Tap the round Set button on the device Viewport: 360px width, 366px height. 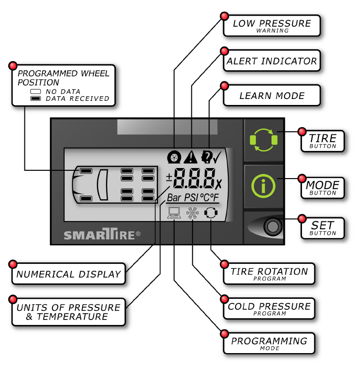tap(273, 227)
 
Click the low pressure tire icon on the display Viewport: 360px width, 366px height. tap(174, 157)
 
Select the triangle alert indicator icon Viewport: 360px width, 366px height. tap(190, 157)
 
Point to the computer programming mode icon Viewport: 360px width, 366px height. tap(174, 213)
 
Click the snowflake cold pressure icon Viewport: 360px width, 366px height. tap(191, 213)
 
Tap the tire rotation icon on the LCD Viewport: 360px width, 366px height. tap(210, 213)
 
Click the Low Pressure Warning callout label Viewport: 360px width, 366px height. tap(271, 26)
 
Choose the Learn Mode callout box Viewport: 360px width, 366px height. tap(271, 96)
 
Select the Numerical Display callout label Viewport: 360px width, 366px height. tap(68, 274)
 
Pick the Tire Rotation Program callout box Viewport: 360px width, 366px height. tap(269, 273)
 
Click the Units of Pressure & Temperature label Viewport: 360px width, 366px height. tap(68, 312)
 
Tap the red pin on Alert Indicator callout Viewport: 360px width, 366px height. tap(224, 51)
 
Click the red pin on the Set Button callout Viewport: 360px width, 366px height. tap(302, 218)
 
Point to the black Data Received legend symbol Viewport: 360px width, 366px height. tap(35, 99)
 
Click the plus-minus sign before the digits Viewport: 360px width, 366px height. tap(169, 177)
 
